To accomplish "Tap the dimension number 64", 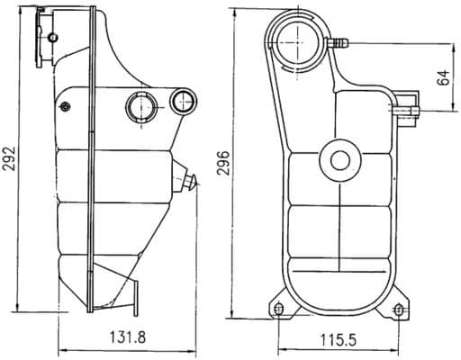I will [x=442, y=76].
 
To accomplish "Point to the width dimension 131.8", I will [x=128, y=337].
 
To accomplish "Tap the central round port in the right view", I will [x=339, y=161].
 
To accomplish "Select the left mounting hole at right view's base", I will [x=278, y=310].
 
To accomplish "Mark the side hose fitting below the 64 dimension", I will [x=407, y=110].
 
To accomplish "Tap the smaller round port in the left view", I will [x=185, y=102].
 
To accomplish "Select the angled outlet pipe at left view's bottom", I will [x=129, y=292].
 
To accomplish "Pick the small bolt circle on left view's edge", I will [x=65, y=108].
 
